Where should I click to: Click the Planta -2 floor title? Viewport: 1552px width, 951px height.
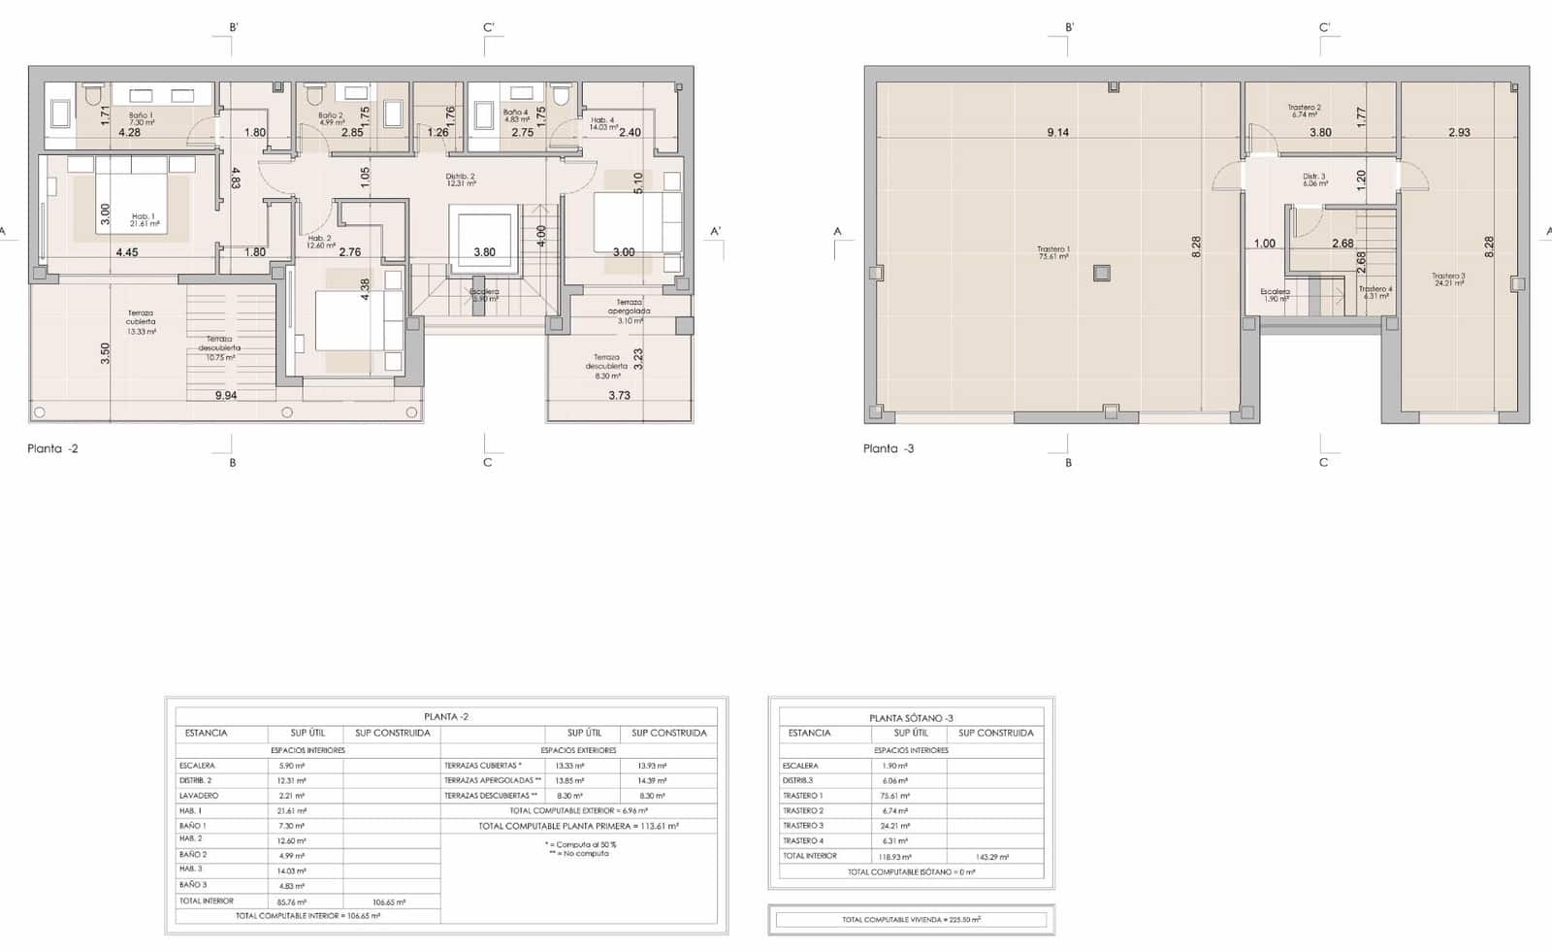click(x=52, y=448)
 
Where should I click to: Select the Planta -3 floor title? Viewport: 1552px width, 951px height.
click(x=889, y=448)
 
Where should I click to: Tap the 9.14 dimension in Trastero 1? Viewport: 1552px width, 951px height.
click(x=1057, y=133)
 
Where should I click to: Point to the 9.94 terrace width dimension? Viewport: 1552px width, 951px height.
click(x=226, y=395)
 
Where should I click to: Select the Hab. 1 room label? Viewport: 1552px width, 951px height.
click(x=144, y=219)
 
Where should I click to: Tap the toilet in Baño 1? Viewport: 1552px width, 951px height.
click(x=93, y=95)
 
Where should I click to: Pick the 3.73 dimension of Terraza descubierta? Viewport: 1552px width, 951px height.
click(x=619, y=395)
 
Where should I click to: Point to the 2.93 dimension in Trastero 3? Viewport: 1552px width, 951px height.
click(x=1459, y=133)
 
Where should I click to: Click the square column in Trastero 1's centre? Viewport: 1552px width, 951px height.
click(x=1101, y=273)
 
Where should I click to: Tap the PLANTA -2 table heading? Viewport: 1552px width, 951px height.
click(x=446, y=716)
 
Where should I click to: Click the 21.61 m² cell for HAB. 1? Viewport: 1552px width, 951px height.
click(x=292, y=810)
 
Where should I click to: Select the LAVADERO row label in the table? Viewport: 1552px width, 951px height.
click(x=199, y=796)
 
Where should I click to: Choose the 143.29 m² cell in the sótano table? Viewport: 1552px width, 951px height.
click(x=991, y=857)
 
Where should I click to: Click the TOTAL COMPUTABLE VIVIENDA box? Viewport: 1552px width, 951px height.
click(x=911, y=919)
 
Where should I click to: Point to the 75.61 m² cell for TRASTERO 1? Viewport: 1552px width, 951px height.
click(x=894, y=796)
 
